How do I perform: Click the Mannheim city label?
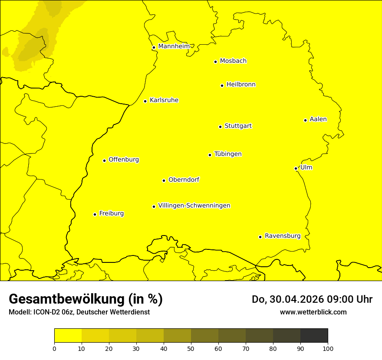point(174,46)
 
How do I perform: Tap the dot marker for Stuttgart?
point(220,127)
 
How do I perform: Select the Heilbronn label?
point(241,85)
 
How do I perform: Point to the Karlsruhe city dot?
point(145,101)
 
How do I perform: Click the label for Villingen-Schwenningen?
point(194,206)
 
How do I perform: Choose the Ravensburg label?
point(283,236)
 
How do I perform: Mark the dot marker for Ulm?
point(296,168)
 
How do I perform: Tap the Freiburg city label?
point(111,213)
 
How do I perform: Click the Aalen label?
point(318,119)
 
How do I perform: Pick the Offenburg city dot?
point(104,160)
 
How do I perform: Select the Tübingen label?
point(228,154)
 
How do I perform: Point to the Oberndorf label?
point(184,180)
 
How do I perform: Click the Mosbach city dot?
point(215,62)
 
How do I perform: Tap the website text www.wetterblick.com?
point(313,312)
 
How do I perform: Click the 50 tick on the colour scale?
point(191,348)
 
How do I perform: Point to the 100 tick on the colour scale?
point(328,348)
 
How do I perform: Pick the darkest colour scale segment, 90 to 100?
point(314,335)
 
